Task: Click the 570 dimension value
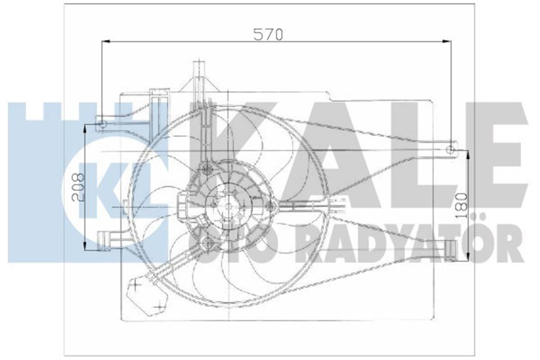coord(268,35)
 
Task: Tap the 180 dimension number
coord(461,206)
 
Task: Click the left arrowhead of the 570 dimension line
coord(106,41)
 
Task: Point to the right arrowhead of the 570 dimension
coord(447,42)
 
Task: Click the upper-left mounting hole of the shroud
coord(102,124)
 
